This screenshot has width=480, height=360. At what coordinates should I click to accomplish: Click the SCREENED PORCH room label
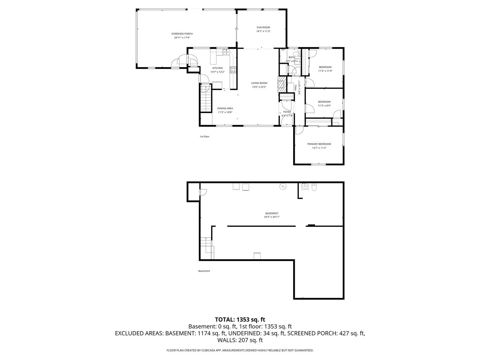click(x=182, y=34)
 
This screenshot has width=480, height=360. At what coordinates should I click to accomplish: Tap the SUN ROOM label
click(x=263, y=27)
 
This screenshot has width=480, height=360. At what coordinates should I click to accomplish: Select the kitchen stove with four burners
click(x=233, y=69)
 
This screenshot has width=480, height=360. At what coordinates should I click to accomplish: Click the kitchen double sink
click(x=226, y=52)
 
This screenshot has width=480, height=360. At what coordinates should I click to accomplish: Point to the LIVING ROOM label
click(x=259, y=83)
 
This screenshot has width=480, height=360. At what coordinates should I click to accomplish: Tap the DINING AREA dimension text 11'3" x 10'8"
click(x=225, y=112)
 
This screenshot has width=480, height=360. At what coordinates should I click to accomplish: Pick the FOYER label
click(x=287, y=112)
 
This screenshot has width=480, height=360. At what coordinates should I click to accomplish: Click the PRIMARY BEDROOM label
click(x=319, y=144)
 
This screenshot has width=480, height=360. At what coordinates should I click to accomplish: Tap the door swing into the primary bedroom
click(x=299, y=130)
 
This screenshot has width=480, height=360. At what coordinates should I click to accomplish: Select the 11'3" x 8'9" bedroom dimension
click(x=324, y=106)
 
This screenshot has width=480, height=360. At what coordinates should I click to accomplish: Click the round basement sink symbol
click(x=305, y=186)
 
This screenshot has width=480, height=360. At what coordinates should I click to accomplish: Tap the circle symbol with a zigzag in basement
click(x=282, y=186)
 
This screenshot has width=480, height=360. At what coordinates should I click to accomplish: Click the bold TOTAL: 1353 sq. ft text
click(x=240, y=319)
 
